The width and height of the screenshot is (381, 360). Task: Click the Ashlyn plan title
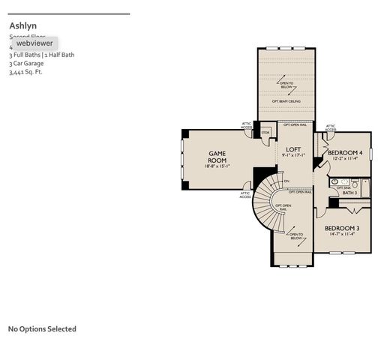pos(22,25)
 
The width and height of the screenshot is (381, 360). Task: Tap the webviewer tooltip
pos(34,43)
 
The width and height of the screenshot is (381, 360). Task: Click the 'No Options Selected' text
pos(42,328)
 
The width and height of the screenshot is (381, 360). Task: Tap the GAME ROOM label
pos(217,157)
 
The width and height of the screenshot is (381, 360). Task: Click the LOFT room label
pos(293,149)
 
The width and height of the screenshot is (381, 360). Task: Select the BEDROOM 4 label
pos(346,152)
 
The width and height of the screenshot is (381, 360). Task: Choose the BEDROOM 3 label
pos(341,228)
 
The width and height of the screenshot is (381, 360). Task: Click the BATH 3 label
pos(349,193)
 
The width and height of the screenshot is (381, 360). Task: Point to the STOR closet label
pos(265,133)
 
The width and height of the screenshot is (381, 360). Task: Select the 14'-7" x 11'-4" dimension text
pos(341,235)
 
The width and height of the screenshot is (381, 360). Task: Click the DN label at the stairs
pos(286,181)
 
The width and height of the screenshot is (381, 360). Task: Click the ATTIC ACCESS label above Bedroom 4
pos(331,128)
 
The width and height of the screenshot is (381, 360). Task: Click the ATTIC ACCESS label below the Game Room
pos(245,194)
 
